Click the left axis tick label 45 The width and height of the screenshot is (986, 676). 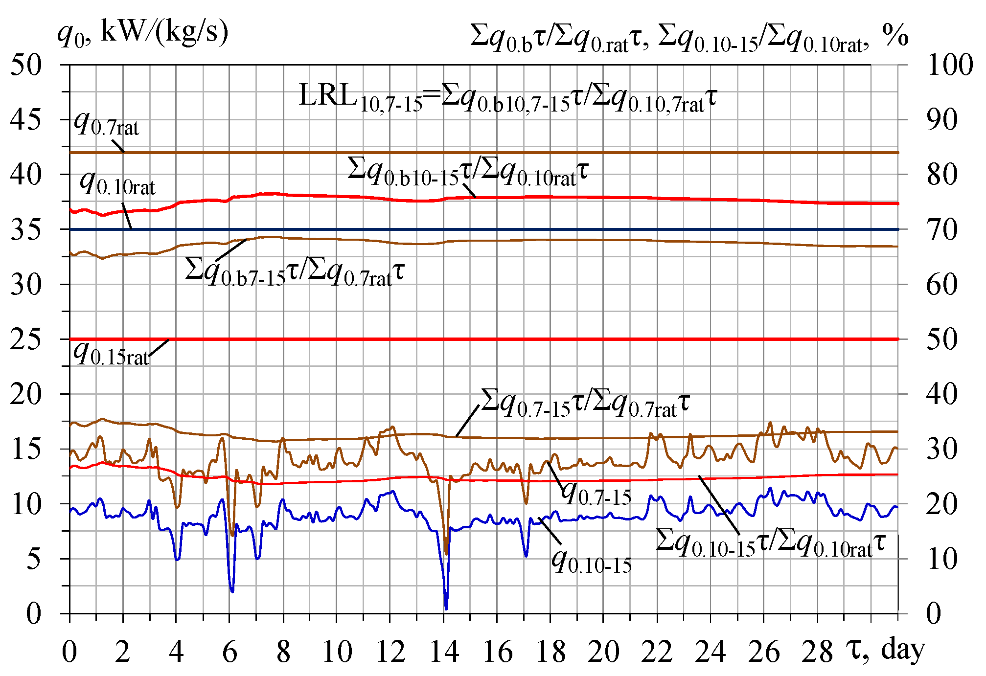[26, 119]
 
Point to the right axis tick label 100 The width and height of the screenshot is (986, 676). [949, 65]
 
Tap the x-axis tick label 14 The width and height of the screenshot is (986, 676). [444, 652]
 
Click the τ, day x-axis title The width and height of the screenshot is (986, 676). [886, 650]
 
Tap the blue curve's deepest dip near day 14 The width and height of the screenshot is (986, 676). [446, 608]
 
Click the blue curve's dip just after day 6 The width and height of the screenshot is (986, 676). [232, 591]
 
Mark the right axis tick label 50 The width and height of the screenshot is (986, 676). [942, 339]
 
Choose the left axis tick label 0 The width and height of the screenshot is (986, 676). [33, 613]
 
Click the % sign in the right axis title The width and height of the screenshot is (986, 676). [895, 35]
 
